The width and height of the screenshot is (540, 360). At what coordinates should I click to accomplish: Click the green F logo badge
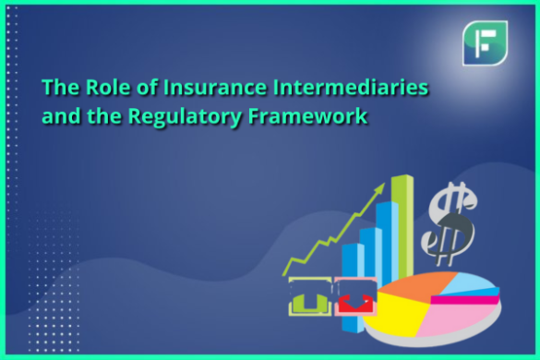click(485, 42)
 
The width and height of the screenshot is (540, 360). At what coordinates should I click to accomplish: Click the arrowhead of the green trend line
click(378, 189)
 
